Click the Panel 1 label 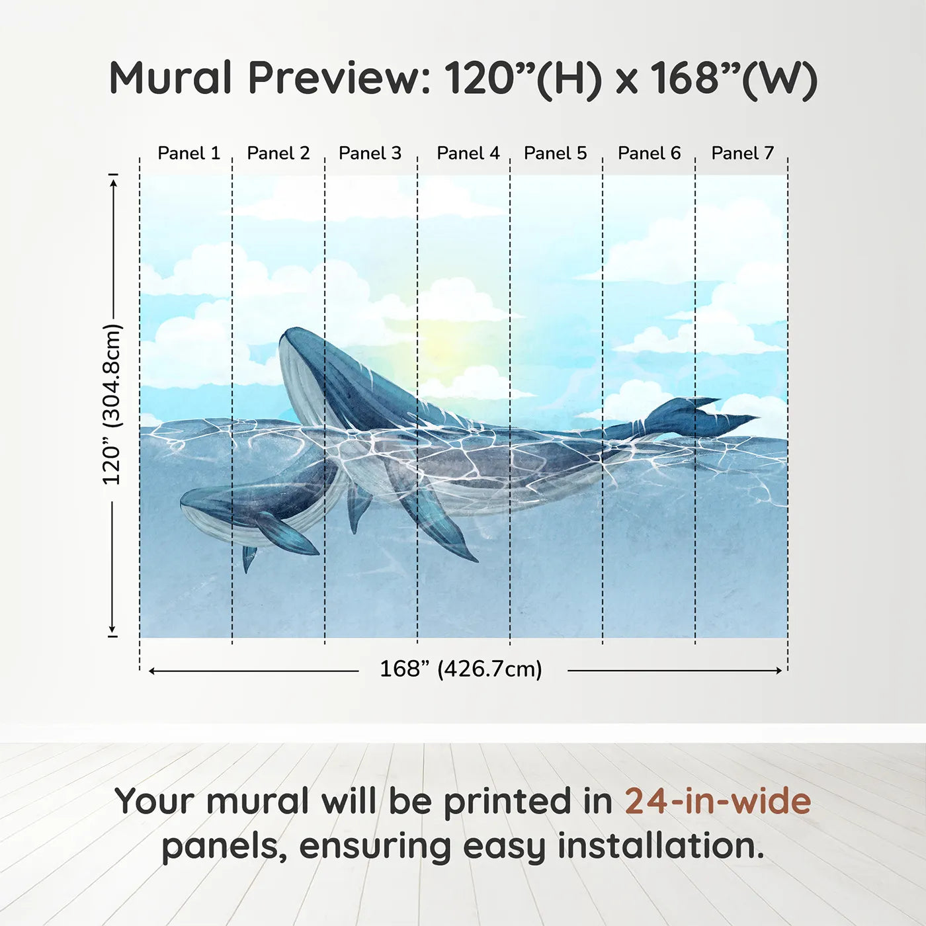click(x=189, y=153)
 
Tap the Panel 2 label click(x=278, y=153)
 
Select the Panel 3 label click(x=370, y=153)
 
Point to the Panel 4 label click(x=468, y=153)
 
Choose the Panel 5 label click(x=555, y=153)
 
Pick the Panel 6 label click(x=649, y=153)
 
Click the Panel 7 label click(x=742, y=153)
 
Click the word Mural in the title click(x=170, y=78)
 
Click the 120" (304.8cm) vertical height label click(x=112, y=404)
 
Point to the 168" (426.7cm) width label click(x=460, y=669)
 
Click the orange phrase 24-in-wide click(x=718, y=802)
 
